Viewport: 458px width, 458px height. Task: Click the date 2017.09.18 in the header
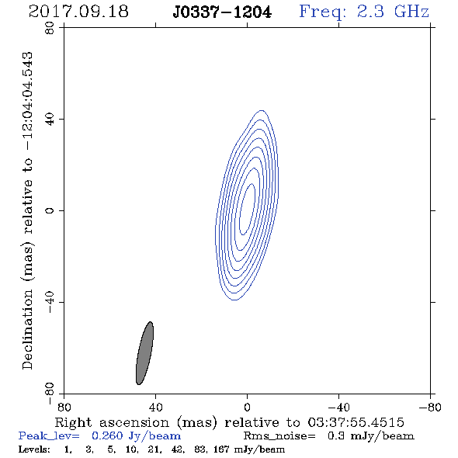pyautogui.click(x=78, y=12)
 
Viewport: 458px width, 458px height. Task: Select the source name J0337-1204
pyautogui.click(x=222, y=12)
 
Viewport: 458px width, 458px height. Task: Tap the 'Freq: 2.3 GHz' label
pyautogui.click(x=364, y=12)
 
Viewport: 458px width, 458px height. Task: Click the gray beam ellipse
pyautogui.click(x=145, y=353)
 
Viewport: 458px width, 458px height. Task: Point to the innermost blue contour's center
pyautogui.click(x=247, y=209)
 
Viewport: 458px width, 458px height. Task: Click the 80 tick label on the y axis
pyautogui.click(x=50, y=28)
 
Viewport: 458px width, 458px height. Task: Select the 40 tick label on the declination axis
pyautogui.click(x=50, y=120)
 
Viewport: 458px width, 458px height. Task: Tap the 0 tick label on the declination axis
pyautogui.click(x=50, y=210)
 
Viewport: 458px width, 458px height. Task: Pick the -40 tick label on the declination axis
pyautogui.click(x=50, y=302)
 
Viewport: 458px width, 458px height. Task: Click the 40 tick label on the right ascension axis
pyautogui.click(x=155, y=408)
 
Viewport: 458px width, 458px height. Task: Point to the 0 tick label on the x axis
pyautogui.click(x=247, y=408)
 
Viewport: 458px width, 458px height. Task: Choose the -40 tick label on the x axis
pyautogui.click(x=338, y=408)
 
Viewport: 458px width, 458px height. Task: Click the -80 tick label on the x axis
pyautogui.click(x=430, y=408)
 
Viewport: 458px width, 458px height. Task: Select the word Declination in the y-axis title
pyautogui.click(x=27, y=329)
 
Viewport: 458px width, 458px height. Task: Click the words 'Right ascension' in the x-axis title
pyautogui.click(x=112, y=422)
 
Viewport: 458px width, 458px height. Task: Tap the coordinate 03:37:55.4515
pyautogui.click(x=356, y=422)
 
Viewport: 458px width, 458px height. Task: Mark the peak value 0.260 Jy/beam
pyautogui.click(x=136, y=436)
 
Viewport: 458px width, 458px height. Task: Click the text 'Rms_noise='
pyautogui.click(x=279, y=436)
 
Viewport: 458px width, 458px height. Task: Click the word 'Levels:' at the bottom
pyautogui.click(x=34, y=449)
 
